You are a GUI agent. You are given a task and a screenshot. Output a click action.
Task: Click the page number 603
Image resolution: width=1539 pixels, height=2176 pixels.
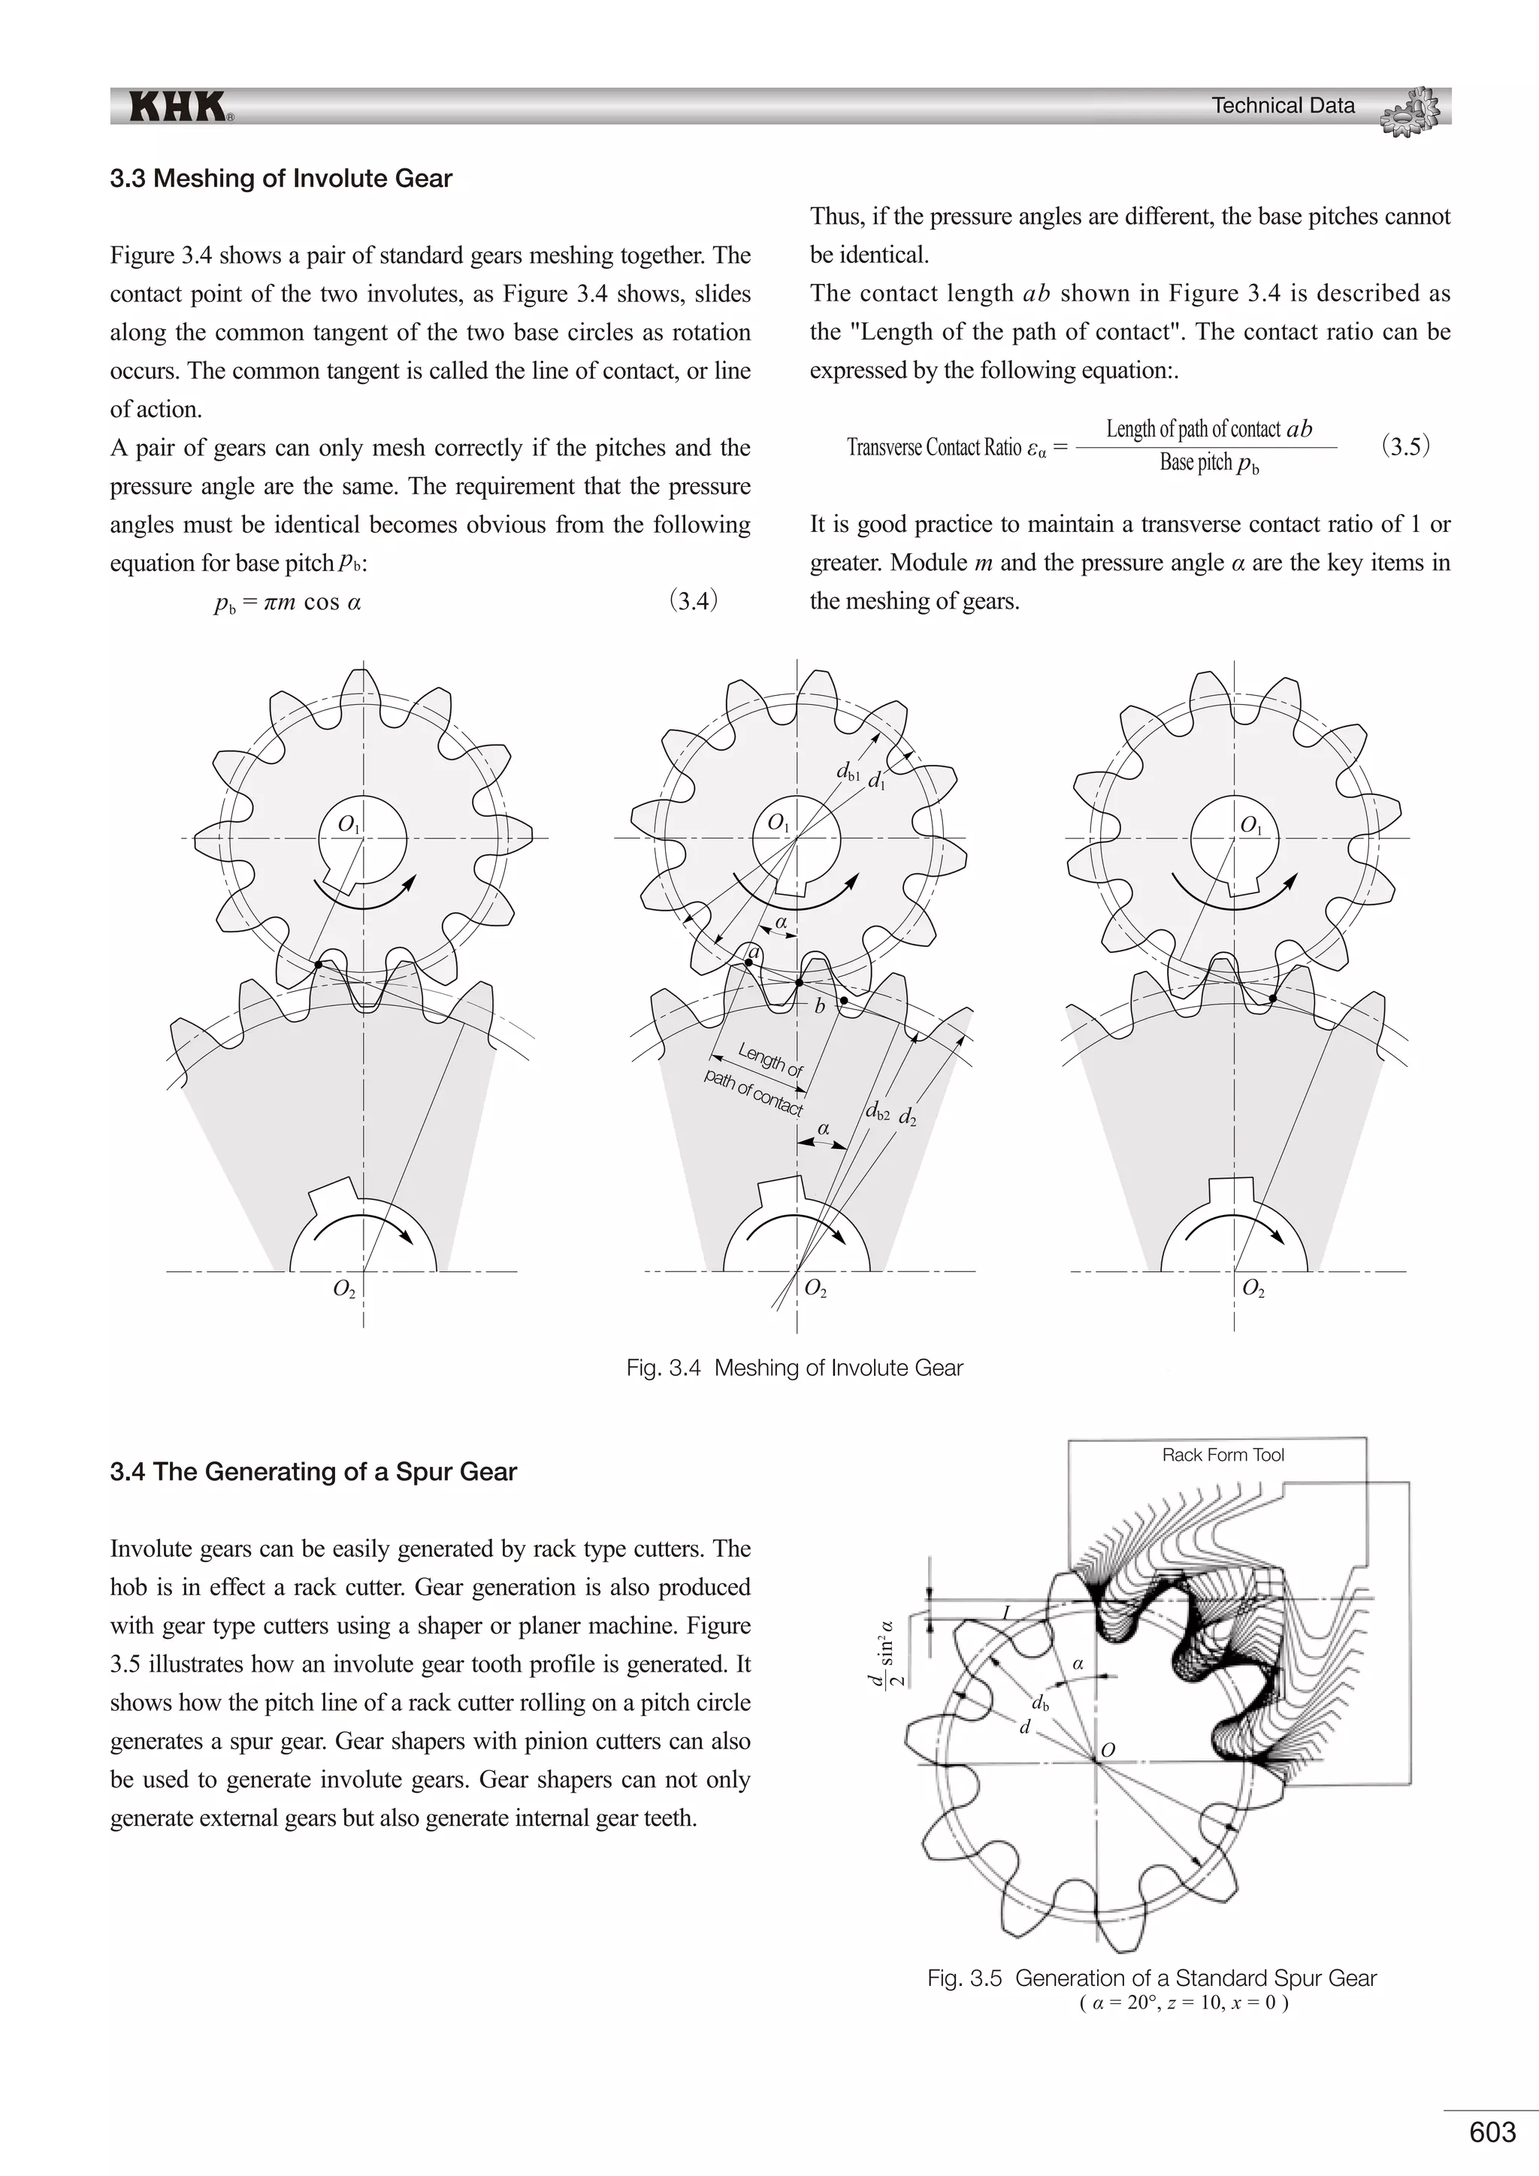(1492, 2132)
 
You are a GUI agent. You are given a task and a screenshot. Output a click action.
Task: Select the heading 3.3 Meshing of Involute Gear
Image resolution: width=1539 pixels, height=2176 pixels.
(280, 179)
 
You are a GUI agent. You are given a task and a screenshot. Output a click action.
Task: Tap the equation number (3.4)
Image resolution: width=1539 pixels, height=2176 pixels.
(694, 601)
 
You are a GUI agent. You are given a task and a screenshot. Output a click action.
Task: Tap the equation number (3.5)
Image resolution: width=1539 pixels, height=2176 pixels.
(1405, 446)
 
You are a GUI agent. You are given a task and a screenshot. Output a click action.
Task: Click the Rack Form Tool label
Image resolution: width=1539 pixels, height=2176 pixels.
(1223, 1455)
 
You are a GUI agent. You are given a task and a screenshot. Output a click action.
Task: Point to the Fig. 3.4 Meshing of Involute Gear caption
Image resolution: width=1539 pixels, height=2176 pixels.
(794, 1368)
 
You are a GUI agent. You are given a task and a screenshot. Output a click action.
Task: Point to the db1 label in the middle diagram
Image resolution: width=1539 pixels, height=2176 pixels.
(847, 772)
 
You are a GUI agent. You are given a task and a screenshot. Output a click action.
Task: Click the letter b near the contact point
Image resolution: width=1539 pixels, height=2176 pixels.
(820, 1007)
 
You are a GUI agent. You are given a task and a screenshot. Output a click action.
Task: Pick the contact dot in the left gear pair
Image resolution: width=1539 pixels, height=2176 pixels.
(319, 965)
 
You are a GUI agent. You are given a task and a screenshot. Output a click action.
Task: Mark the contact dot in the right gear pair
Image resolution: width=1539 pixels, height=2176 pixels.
(1273, 998)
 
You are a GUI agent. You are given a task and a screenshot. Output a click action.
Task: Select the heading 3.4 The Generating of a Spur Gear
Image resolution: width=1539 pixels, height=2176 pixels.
(313, 1472)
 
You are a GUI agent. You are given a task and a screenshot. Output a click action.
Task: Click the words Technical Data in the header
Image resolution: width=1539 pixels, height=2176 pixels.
(1284, 106)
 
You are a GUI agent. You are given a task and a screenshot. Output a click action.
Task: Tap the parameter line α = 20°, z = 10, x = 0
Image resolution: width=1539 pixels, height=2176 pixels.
(1184, 2002)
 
